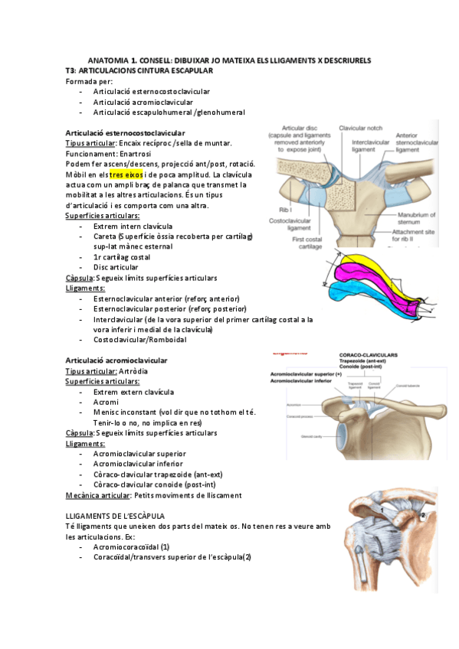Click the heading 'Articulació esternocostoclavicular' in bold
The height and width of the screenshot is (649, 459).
coord(125,133)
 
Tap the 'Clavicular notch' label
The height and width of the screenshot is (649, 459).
coord(361,128)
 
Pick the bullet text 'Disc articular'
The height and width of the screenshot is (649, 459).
coord(116,267)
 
